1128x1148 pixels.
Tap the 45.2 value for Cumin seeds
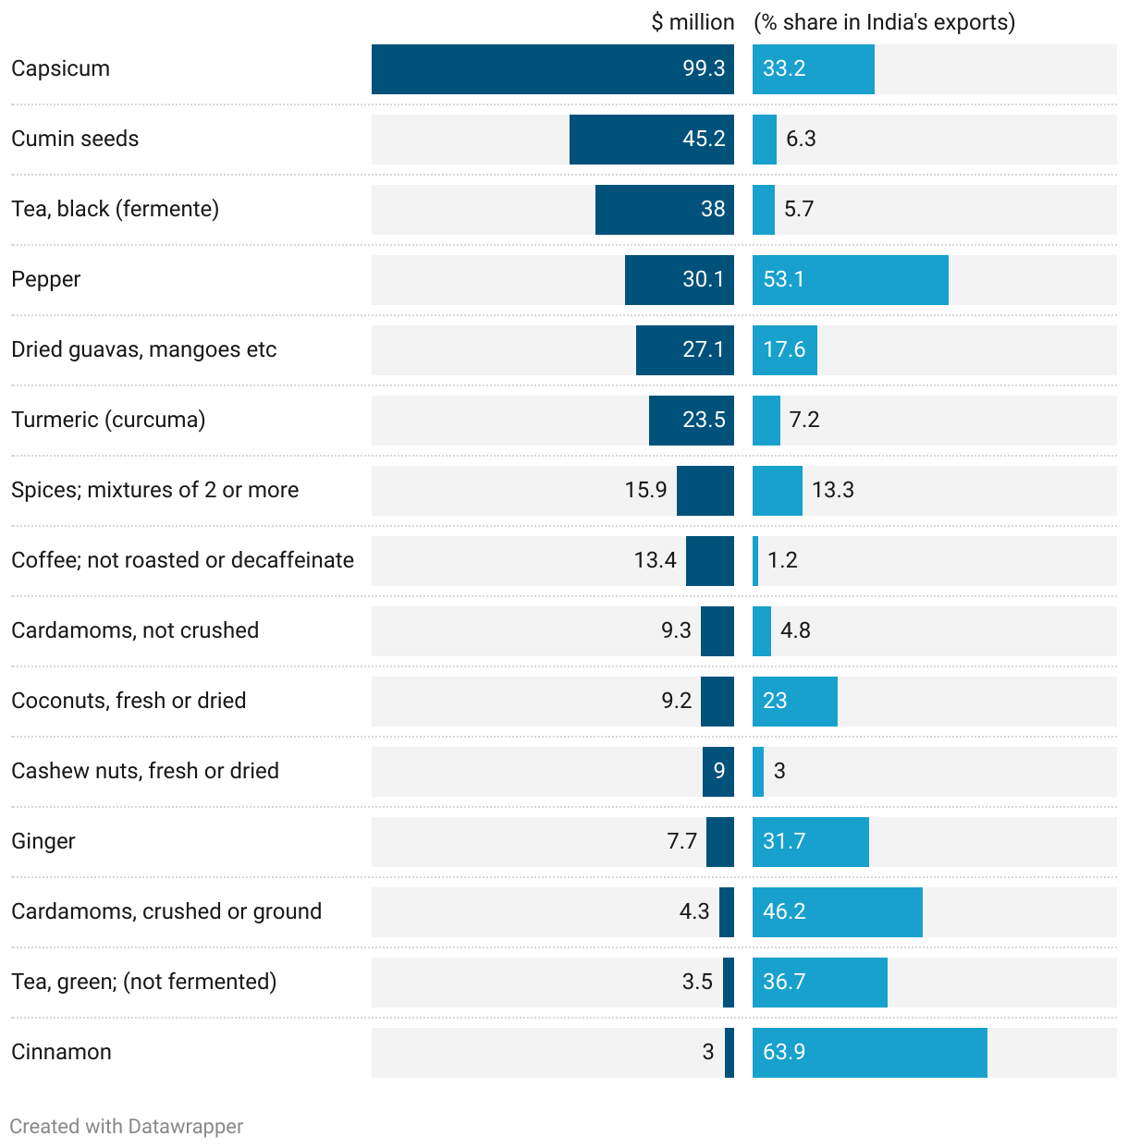point(704,140)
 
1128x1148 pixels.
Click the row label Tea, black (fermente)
point(116,210)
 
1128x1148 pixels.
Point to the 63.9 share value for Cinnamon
point(784,1053)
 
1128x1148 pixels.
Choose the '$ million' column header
point(693,22)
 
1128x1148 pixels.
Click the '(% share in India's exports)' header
point(884,22)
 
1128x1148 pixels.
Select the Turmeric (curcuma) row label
point(108,421)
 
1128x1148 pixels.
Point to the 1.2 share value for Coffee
point(782,561)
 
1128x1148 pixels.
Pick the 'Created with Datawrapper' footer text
point(127,1127)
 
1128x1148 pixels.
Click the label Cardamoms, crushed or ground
point(166,912)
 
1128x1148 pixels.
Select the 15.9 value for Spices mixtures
point(645,491)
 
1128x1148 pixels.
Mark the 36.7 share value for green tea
point(784,983)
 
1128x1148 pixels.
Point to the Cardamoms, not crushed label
point(135,631)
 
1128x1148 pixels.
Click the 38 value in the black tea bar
point(713,210)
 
